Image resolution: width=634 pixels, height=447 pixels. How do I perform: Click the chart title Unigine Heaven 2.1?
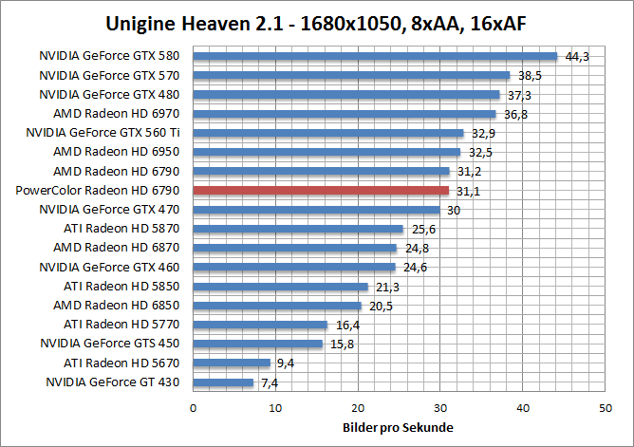316,23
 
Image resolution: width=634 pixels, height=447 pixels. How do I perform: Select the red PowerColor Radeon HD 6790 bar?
321,190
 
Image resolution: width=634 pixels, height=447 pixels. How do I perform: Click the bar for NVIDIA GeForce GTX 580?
375,56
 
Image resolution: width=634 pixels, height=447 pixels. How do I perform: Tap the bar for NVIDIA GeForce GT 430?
223,382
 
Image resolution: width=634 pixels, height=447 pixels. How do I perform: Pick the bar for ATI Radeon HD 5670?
232,363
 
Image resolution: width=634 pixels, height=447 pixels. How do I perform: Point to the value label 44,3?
577,57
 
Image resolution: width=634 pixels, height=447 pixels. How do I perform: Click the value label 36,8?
515,114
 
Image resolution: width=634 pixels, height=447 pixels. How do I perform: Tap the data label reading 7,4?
270,382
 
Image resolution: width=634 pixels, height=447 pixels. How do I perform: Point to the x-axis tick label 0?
193,408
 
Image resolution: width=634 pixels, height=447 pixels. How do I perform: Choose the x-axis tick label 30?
439,408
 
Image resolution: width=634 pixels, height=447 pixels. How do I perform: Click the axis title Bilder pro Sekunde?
398,428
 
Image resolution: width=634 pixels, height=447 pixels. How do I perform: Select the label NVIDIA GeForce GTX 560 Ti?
105,133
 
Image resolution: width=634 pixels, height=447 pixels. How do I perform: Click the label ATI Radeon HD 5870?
121,229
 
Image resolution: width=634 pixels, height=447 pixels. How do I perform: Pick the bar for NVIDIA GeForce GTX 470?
316,210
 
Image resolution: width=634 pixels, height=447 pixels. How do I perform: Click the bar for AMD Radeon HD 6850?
277,306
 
